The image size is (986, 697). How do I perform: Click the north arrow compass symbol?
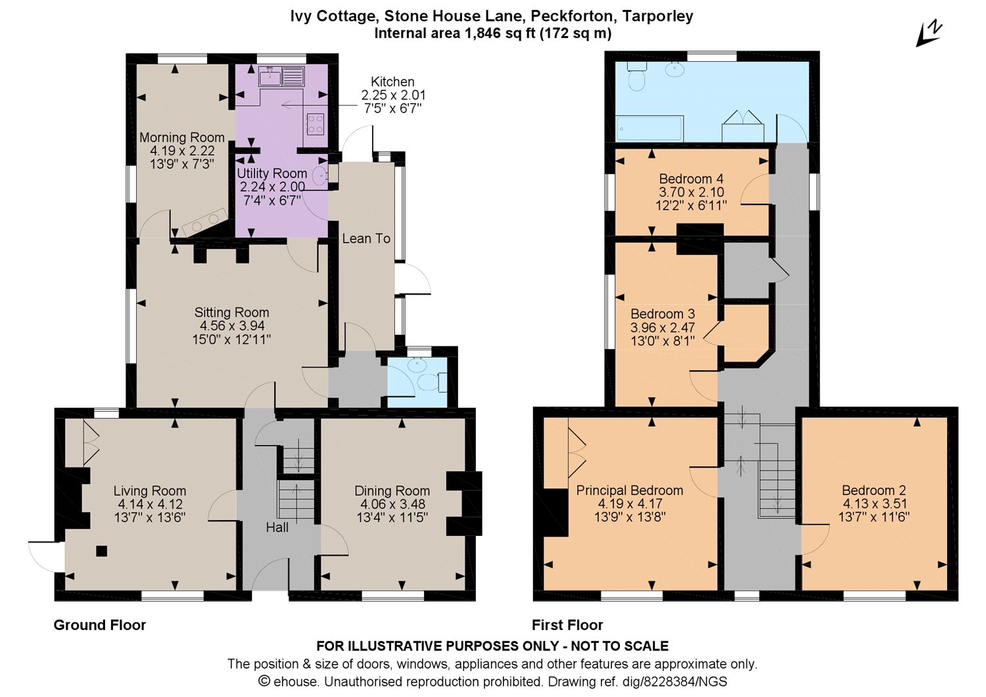pos(929,34)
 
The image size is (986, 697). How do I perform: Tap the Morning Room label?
pos(182,138)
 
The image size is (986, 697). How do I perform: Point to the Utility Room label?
pos(272,173)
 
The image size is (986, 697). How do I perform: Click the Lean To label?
pos(366,239)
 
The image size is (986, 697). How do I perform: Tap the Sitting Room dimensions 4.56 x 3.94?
pos(232,326)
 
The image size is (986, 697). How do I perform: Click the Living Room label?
pos(150,491)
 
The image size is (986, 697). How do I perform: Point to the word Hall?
pos(277,527)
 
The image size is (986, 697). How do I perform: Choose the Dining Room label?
pos(392,491)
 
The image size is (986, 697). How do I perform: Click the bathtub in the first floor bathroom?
pos(649,128)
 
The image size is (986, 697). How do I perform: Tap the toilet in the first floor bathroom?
pos(638,77)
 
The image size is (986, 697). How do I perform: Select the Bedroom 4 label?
pos(692,179)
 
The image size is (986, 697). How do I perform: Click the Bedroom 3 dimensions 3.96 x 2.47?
pos(663,327)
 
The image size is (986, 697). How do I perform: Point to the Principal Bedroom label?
pos(630,491)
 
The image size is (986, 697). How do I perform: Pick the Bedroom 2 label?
pos(874,491)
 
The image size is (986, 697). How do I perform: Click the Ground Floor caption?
pos(100,625)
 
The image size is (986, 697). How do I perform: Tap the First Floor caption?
pos(567,625)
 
